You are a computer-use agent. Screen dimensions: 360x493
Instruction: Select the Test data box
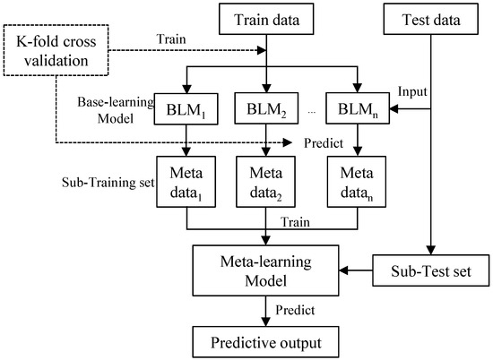[432, 19]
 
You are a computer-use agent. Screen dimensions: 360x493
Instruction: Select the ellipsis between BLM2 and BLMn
[309, 114]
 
